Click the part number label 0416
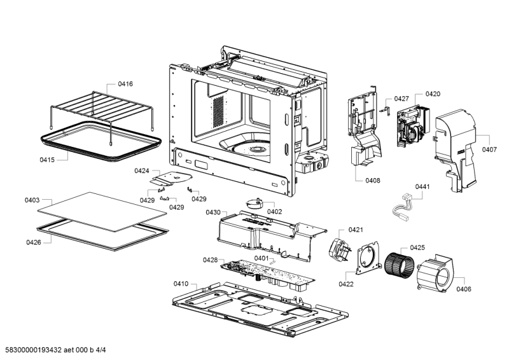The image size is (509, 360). (x=125, y=84)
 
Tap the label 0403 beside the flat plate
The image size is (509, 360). (x=32, y=200)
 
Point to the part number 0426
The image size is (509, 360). (x=34, y=242)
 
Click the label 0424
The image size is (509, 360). (x=142, y=170)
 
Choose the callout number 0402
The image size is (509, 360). (x=274, y=211)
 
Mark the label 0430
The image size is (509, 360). (x=213, y=212)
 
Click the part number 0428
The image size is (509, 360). (x=210, y=260)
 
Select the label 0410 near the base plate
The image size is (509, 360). (x=181, y=283)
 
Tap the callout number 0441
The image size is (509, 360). (x=423, y=186)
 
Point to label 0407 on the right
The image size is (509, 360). (x=489, y=149)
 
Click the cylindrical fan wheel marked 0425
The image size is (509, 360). (x=399, y=263)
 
